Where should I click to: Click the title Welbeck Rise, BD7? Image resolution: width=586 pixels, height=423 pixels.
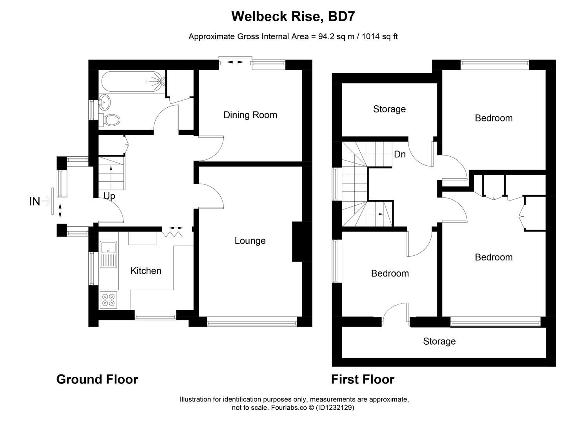(x=293, y=16)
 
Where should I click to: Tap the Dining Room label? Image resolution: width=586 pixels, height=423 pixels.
(x=250, y=115)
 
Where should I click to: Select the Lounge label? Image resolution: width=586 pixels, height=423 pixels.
(x=250, y=240)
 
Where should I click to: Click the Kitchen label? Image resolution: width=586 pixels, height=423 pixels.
(x=146, y=271)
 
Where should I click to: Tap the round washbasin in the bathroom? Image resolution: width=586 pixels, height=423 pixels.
(x=105, y=102)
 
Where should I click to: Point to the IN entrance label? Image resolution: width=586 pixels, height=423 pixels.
(x=34, y=202)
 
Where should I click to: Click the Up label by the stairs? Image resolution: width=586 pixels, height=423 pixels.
(x=109, y=195)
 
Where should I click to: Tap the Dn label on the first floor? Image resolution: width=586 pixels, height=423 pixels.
(x=399, y=154)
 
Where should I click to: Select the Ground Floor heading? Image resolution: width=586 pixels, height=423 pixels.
(x=97, y=379)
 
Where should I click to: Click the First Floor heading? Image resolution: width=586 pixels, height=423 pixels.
(x=363, y=379)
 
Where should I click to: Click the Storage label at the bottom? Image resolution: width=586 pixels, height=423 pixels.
(x=439, y=341)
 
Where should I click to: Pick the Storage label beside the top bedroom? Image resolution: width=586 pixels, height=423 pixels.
(x=389, y=109)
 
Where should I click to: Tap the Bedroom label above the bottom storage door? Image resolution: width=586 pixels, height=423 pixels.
(x=390, y=273)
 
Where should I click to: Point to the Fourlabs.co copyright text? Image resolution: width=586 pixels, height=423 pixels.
(x=293, y=407)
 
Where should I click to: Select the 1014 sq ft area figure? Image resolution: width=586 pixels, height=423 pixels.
(x=379, y=36)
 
